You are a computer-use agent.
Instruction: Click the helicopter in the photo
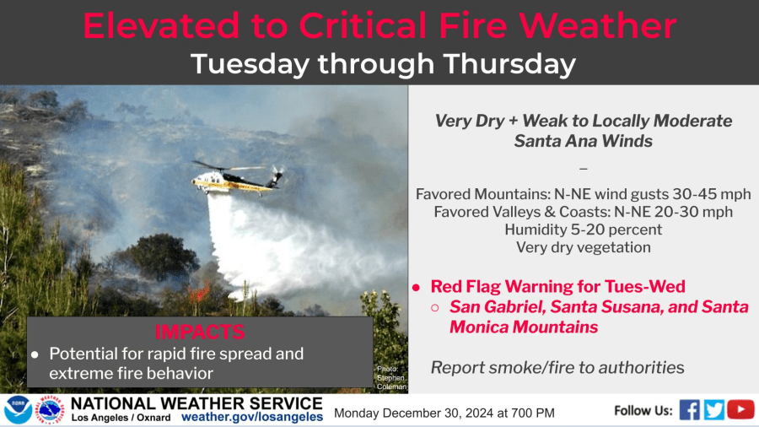pos(236,178)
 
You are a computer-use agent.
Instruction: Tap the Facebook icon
pos(689,410)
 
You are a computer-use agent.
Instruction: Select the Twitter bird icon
pos(714,410)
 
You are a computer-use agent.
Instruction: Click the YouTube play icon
pos(740,409)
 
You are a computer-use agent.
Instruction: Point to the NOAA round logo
pos(18,410)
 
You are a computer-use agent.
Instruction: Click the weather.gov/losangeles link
pos(252,417)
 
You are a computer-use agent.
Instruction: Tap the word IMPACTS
pos(199,332)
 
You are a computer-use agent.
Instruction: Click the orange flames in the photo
pos(199,293)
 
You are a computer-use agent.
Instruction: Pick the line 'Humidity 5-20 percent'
pos(584,230)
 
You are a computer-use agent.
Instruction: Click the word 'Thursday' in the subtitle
pos(509,64)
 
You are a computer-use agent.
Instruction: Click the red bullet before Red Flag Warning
pos(416,288)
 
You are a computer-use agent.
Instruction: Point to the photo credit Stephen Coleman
pos(391,377)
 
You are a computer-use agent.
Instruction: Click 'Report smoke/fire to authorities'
pos(557,367)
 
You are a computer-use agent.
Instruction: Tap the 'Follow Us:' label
pos(643,410)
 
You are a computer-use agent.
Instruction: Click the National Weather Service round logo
pos(50,410)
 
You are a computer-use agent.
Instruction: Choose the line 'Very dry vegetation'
pos(584,247)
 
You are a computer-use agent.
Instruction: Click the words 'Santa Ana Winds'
pos(584,141)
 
